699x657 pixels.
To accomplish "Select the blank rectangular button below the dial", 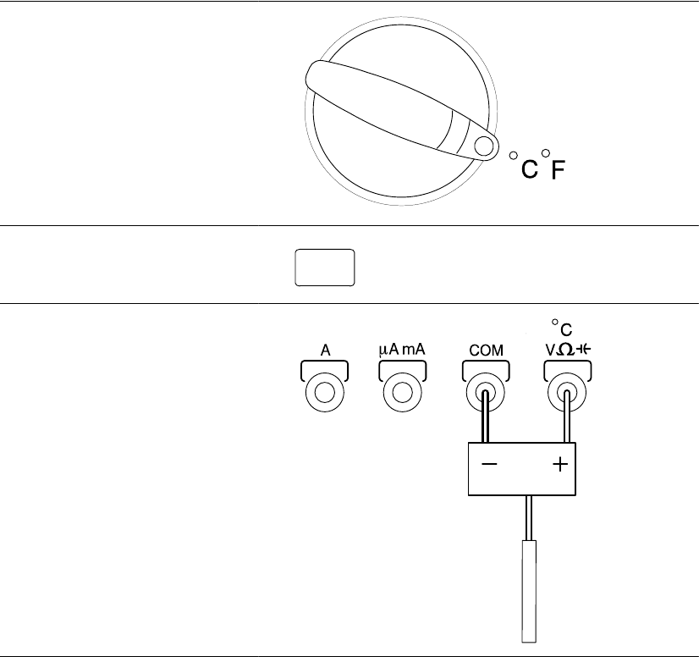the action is (325, 268).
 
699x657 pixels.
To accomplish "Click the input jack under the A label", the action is (325, 393).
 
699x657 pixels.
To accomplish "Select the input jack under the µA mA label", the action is (403, 393).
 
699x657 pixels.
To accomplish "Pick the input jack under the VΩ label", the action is (566, 393).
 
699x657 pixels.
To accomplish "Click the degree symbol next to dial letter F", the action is (546, 153).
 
